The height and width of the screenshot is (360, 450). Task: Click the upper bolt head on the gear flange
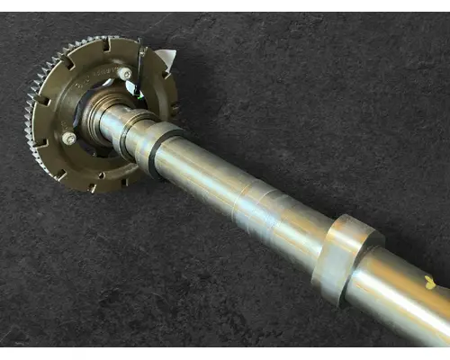pos(125,74)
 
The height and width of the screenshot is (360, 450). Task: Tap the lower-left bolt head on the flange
pos(69,138)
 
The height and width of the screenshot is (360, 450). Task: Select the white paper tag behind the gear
pos(166,61)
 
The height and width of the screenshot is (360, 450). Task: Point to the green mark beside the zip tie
pos(132,87)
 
